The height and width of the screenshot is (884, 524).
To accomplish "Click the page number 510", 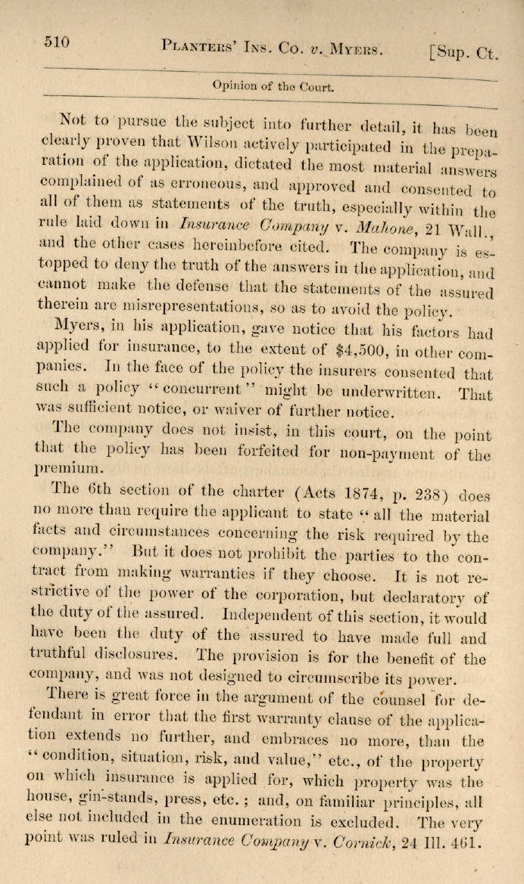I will pos(58,42).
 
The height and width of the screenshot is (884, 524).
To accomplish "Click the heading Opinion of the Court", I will pos(273,85).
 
